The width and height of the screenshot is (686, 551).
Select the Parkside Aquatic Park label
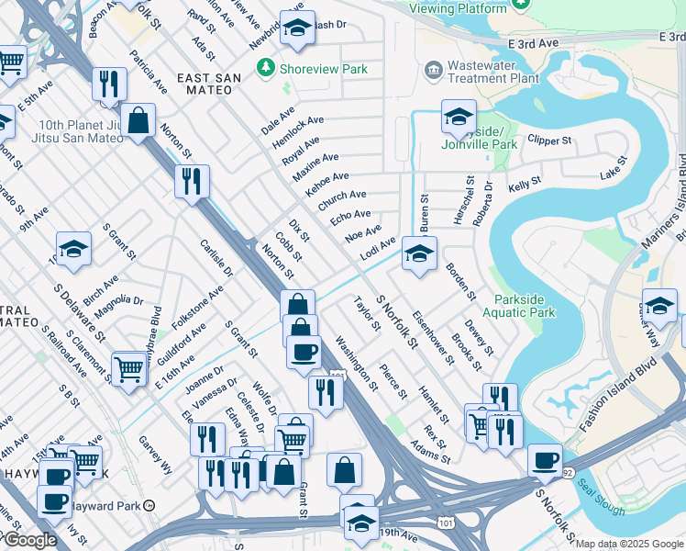point(525,306)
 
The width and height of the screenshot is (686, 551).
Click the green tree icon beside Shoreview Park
point(266,68)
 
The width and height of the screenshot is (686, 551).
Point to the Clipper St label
point(550,141)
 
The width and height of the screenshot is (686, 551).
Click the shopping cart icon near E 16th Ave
point(129,368)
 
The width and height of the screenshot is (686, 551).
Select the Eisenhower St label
point(433,341)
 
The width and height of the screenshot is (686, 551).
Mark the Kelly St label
point(525,185)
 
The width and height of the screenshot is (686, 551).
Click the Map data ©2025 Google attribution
point(629,544)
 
